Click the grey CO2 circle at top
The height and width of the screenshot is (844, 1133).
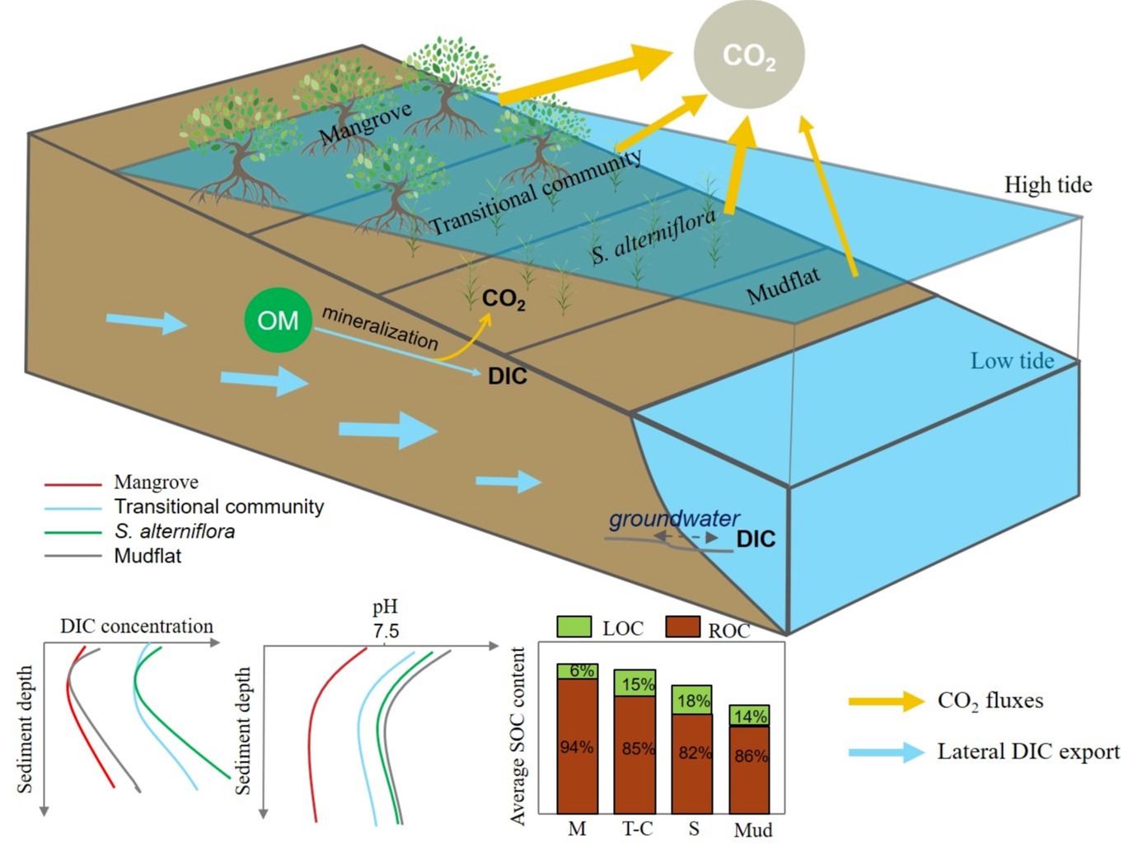coord(748,54)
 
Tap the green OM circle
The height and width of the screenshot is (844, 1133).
coord(278,319)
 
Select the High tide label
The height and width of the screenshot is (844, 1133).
coord(1047,185)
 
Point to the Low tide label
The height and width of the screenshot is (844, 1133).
coord(1012,361)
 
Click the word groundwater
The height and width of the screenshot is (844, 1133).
coord(674,519)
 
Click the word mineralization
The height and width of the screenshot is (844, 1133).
coord(379,328)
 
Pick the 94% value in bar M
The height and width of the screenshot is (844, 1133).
coord(577,747)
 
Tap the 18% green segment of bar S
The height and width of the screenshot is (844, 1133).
coord(692,701)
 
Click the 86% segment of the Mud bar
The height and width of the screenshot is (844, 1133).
coord(750,756)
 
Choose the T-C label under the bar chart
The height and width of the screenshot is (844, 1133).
coord(636,828)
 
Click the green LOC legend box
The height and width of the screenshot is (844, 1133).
coord(574,627)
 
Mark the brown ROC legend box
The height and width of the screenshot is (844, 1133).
coord(682,627)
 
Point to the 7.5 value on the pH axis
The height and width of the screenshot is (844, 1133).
coord(385,631)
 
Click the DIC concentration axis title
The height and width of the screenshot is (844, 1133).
coord(137,626)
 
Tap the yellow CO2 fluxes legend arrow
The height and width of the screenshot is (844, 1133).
coord(887,701)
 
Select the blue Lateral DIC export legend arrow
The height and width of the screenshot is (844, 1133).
coord(887,752)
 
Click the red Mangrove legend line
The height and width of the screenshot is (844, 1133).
coord(73,483)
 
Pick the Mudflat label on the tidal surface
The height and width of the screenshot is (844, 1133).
coord(783,285)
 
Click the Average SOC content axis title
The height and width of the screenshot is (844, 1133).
coord(518,735)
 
